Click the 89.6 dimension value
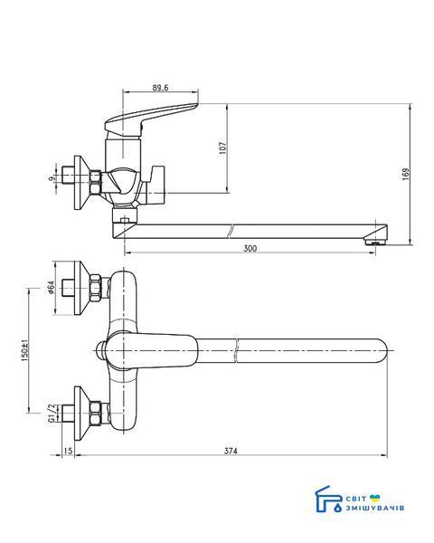pos(160,88)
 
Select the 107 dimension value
pos(223,148)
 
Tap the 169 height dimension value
pos(406,174)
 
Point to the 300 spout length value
pos(250,248)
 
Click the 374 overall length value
pos(231,451)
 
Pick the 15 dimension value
pos(68,451)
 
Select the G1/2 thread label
pos(52,414)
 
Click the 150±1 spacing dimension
pos(24,350)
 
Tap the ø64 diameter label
pos(52,288)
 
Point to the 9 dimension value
pos(52,178)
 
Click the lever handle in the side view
pos(151,119)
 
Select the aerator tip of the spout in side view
pos(375,241)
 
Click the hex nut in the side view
pos(95,182)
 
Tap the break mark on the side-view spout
pos(231,232)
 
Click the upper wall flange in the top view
pos(82,288)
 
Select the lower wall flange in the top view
pos(82,414)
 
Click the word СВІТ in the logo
pos(355,499)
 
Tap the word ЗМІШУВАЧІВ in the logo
pos(375,508)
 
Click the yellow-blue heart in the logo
pos(374,499)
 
